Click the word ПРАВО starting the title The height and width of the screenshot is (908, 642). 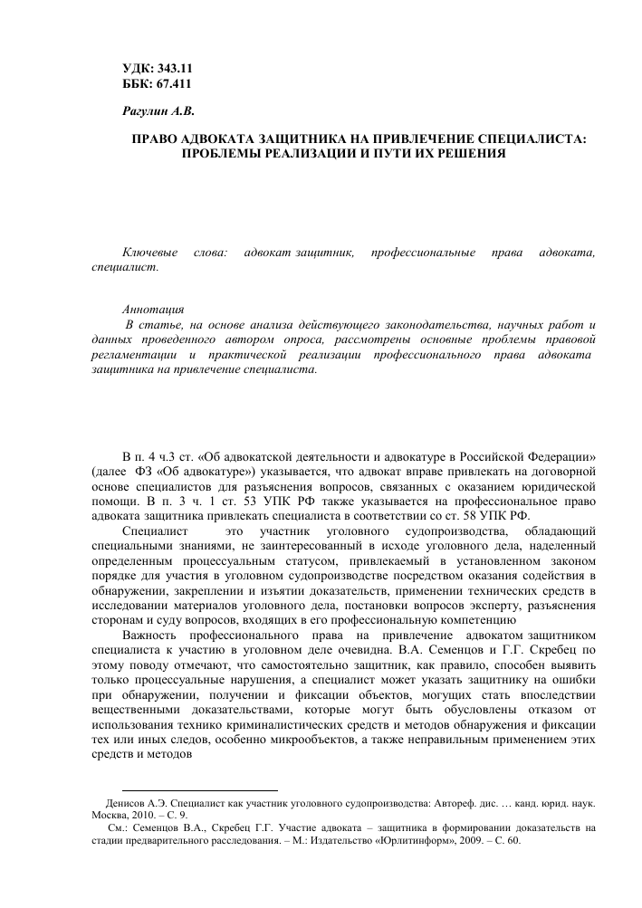click(x=154, y=139)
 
